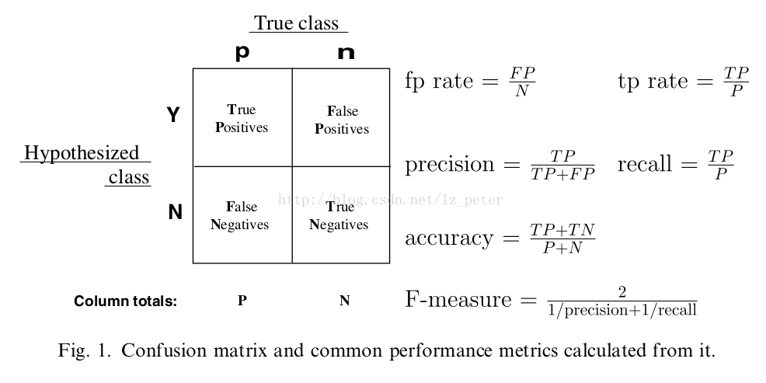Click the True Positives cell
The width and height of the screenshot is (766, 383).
click(x=243, y=118)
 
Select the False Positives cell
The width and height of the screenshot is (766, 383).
click(x=341, y=118)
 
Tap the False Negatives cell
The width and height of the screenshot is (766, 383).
click(x=243, y=215)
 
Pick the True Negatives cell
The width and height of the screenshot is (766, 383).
click(x=341, y=215)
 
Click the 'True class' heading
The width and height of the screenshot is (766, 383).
click(x=297, y=23)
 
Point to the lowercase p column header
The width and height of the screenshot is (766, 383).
click(x=242, y=52)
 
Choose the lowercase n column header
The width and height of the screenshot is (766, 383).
click(x=346, y=53)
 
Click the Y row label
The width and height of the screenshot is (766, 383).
click(x=173, y=115)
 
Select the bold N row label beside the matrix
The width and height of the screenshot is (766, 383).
click(x=175, y=212)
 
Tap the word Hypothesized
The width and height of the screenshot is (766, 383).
click(x=82, y=153)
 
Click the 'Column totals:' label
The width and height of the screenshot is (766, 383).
click(x=125, y=301)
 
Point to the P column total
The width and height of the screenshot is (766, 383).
click(x=242, y=301)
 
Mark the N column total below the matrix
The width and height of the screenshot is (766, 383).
click(x=344, y=301)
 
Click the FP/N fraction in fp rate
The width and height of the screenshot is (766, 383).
click(x=522, y=82)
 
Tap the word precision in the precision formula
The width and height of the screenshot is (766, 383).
click(x=450, y=165)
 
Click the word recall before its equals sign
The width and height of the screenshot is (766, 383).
click(x=644, y=163)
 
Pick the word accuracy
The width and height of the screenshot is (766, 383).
click(x=449, y=239)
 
